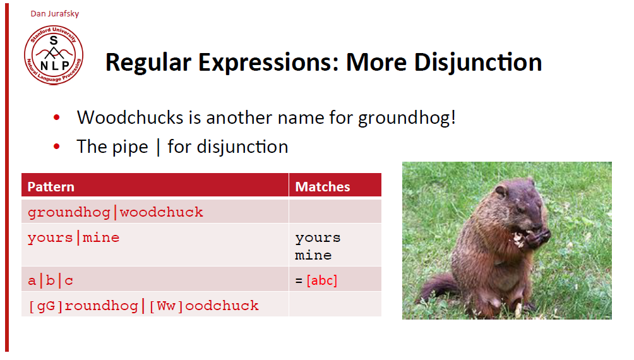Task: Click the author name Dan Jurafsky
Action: (x=54, y=14)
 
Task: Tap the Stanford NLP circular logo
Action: (x=54, y=56)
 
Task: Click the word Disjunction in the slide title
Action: (x=478, y=63)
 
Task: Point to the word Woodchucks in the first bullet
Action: (x=130, y=117)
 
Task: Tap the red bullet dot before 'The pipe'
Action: (x=57, y=146)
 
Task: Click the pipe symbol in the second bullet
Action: (x=158, y=147)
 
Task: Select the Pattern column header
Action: (x=51, y=187)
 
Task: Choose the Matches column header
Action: (x=323, y=187)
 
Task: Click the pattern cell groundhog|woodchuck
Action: (x=115, y=212)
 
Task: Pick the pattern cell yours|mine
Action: (x=74, y=237)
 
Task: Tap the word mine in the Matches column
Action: (x=313, y=255)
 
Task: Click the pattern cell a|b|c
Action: (x=51, y=280)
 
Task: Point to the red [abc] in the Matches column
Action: (x=322, y=280)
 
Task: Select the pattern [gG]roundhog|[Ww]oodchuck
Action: (x=143, y=306)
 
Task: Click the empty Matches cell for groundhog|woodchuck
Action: (x=335, y=211)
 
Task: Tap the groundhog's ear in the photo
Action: (x=501, y=191)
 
